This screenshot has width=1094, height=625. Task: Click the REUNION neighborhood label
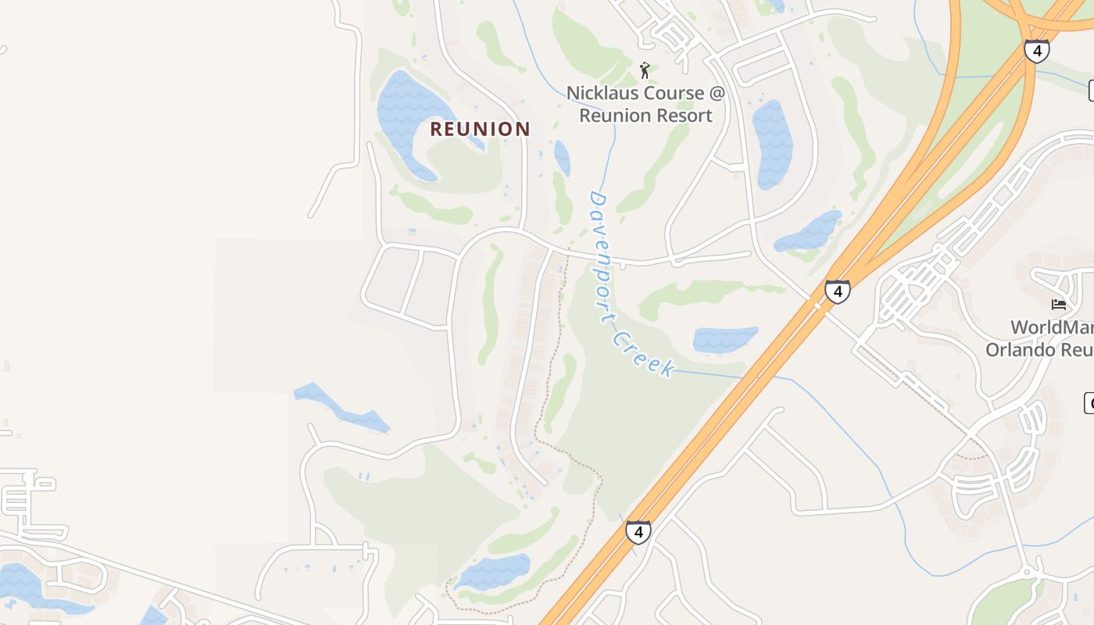pos(480,129)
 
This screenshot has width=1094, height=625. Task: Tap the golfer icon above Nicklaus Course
pos(645,71)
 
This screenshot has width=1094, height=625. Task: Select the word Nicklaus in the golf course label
pos(603,93)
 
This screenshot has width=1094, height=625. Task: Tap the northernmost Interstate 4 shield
pos(1037,52)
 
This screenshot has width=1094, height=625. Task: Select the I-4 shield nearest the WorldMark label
pos(838,292)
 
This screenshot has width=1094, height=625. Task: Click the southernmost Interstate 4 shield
pos(638,533)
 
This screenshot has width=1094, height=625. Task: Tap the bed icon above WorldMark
pos(1059,305)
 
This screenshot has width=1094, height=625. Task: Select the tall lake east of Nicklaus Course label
pos(772,144)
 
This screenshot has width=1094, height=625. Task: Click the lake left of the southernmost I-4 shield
pos(494,571)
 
